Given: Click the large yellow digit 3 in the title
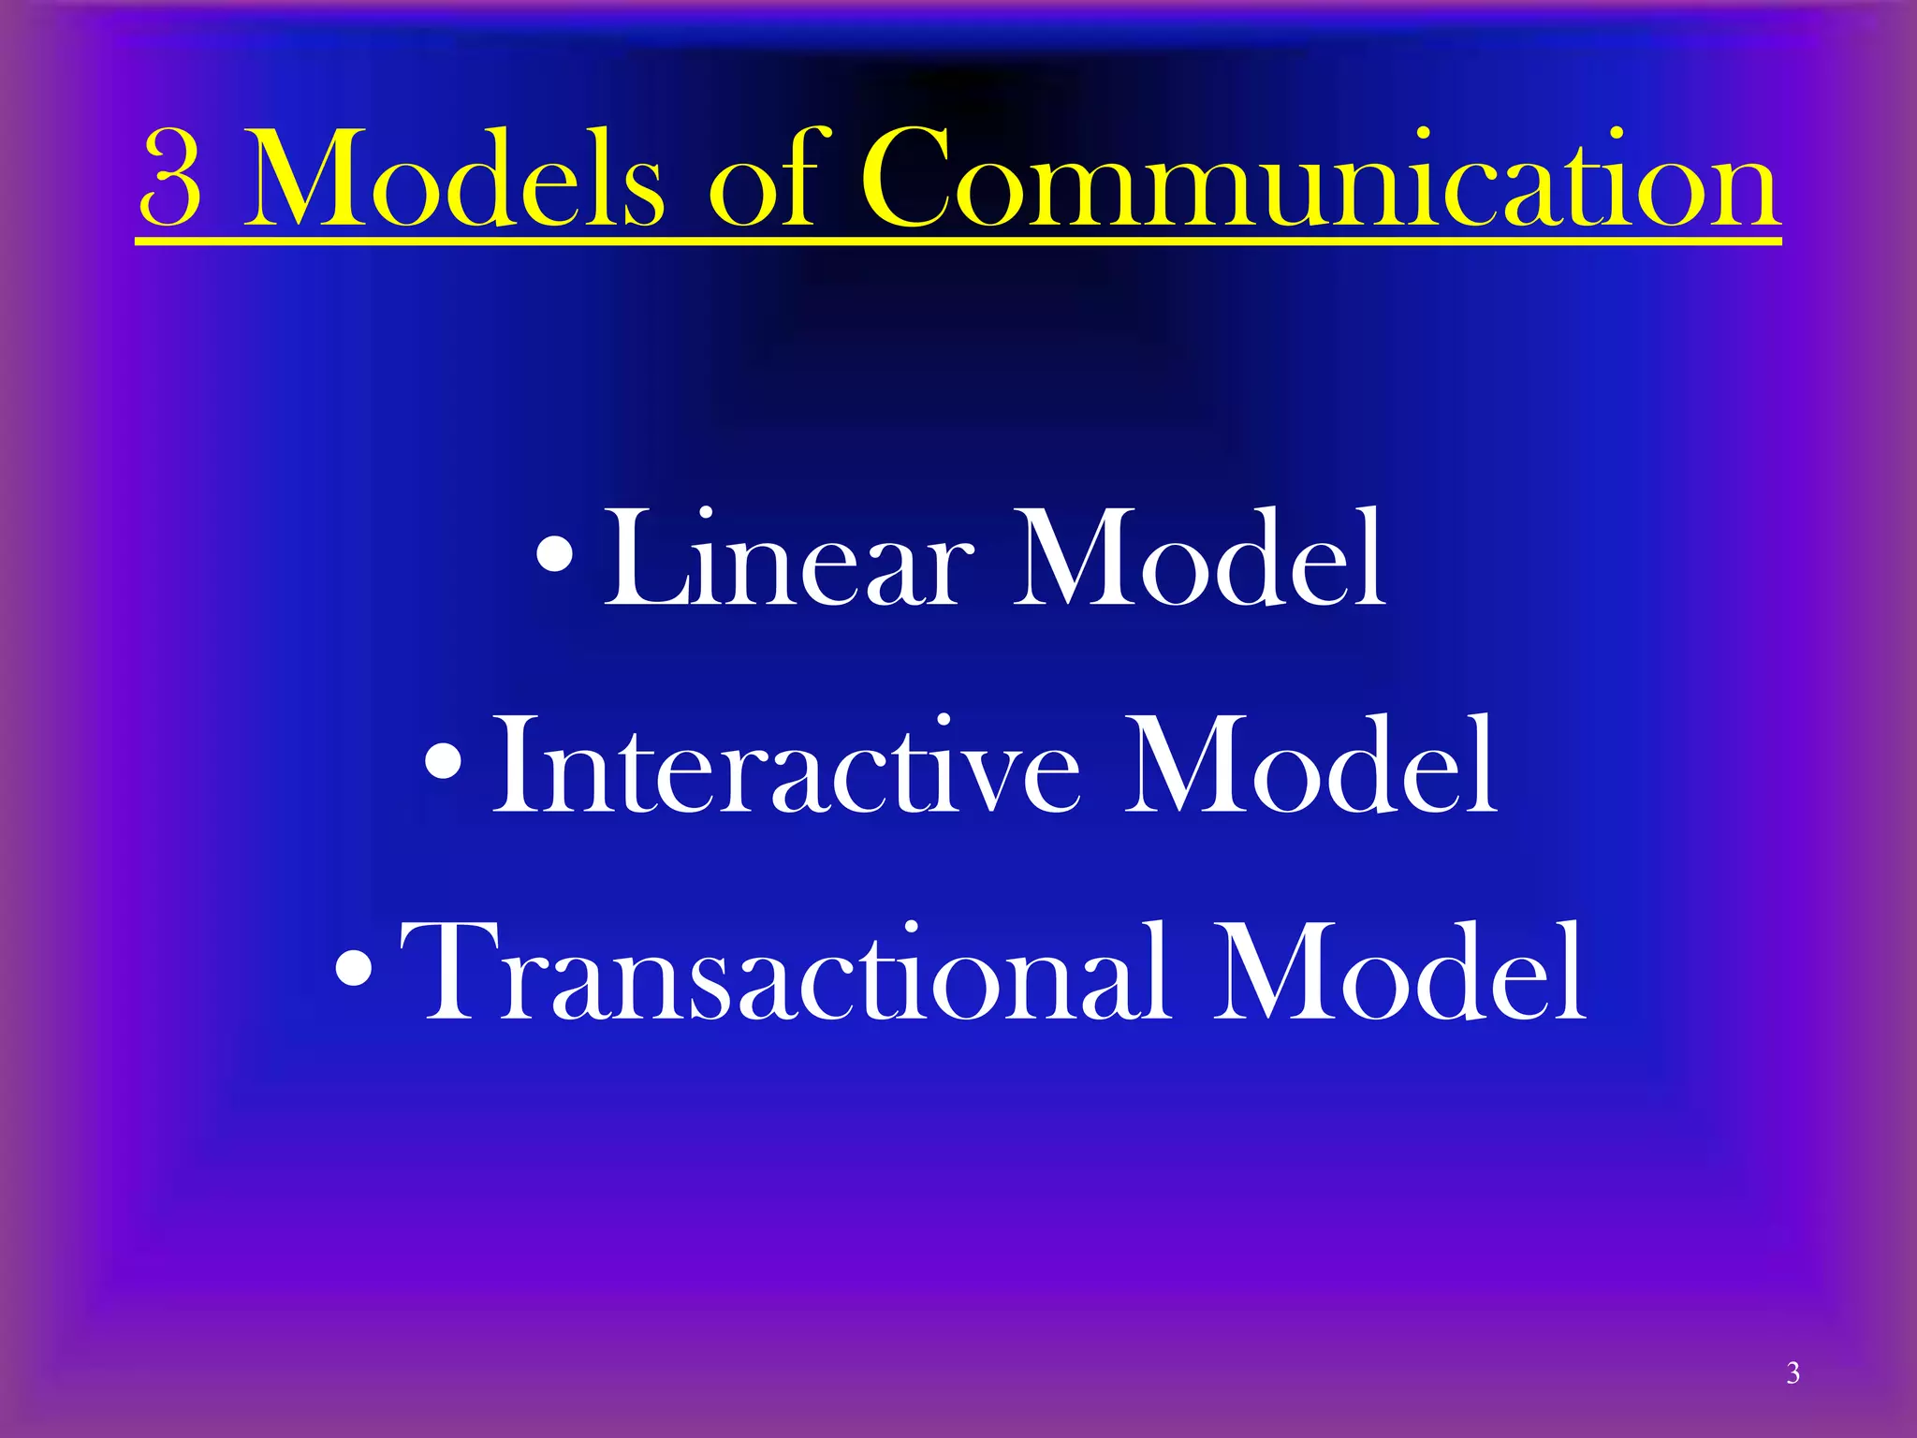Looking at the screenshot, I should tap(172, 181).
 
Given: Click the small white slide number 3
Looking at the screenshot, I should tap(1793, 1372).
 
